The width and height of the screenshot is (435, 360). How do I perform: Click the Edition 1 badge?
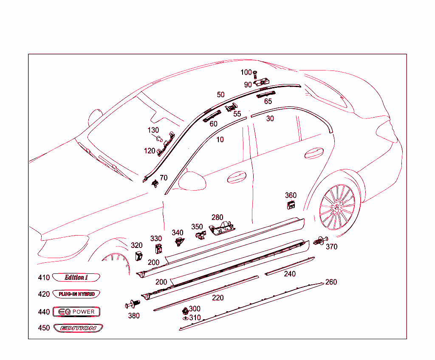coord(76,278)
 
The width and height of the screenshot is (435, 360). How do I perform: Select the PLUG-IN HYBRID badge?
coord(76,294)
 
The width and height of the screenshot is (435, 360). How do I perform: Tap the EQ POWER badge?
coord(76,312)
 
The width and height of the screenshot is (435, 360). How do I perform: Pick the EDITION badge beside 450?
coord(78,328)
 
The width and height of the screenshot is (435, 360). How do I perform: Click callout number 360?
coord(291,195)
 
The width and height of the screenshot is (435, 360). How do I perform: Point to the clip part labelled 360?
coord(291,205)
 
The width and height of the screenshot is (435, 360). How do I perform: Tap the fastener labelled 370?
coord(319,241)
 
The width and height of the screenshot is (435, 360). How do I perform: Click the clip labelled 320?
coord(138,256)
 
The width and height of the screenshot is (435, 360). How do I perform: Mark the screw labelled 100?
coord(255,77)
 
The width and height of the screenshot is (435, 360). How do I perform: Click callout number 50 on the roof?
coord(221,95)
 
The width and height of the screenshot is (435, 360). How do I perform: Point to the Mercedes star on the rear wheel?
coord(338,207)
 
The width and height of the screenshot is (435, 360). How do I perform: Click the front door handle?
coord(237,177)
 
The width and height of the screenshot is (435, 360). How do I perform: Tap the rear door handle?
coord(315,153)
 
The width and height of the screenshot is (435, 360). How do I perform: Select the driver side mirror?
coord(192,180)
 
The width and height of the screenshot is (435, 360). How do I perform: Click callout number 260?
coord(331,282)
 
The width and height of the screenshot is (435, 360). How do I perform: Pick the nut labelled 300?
coord(185,310)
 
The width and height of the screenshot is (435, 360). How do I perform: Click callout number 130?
coord(153,130)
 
